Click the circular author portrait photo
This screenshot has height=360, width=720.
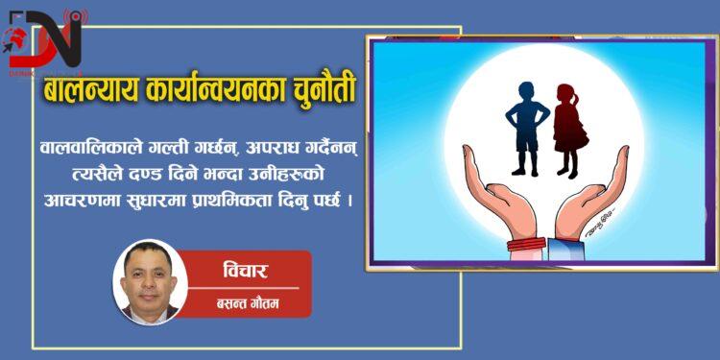[x=149, y=281]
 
